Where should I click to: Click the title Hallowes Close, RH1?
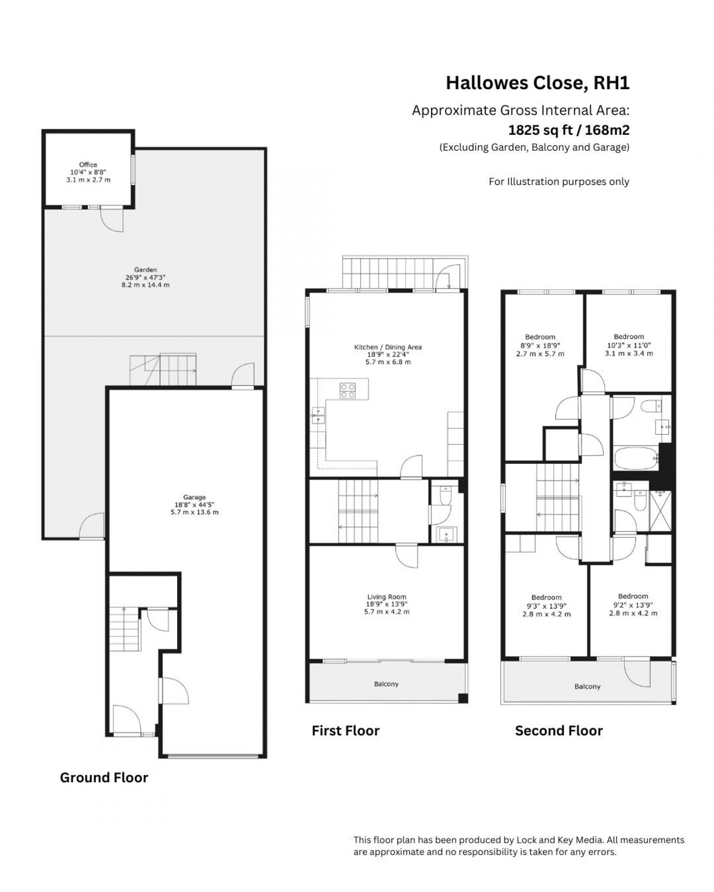(537, 83)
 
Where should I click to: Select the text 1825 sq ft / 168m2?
(569, 130)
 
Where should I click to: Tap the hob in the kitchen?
(348, 391)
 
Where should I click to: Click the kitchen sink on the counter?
(318, 416)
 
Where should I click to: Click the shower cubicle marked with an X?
(660, 511)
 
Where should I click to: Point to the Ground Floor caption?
(104, 777)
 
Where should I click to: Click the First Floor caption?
(345, 731)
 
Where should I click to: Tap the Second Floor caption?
(559, 731)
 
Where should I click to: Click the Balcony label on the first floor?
(386, 684)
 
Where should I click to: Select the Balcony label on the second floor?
(587, 686)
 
